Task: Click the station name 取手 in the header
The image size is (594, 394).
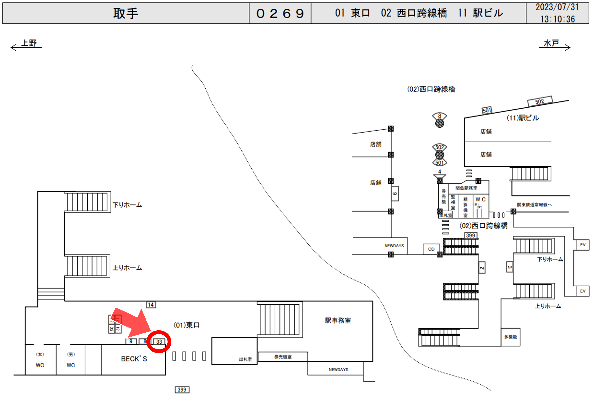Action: point(125,13)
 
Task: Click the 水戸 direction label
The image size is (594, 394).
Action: point(551,43)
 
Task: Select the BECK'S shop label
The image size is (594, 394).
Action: point(134,359)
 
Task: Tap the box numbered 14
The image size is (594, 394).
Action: point(151,305)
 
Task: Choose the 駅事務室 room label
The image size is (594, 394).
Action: point(338,320)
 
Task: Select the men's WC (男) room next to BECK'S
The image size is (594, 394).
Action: point(71,360)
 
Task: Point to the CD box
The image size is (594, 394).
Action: point(431,249)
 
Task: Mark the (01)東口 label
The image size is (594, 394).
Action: point(186,325)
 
